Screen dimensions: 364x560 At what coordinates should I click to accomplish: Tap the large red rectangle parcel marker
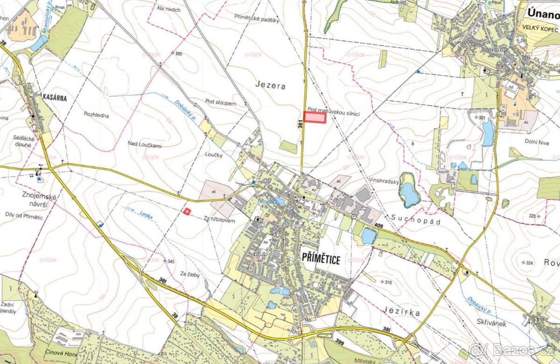(315, 118)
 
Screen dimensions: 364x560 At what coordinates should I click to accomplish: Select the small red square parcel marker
(187, 212)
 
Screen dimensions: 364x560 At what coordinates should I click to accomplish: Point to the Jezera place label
(270, 86)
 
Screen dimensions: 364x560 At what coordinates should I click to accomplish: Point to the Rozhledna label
(96, 114)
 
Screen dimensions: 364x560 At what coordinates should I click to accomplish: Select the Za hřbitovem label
(219, 220)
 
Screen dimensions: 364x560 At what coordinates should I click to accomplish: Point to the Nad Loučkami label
(144, 146)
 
